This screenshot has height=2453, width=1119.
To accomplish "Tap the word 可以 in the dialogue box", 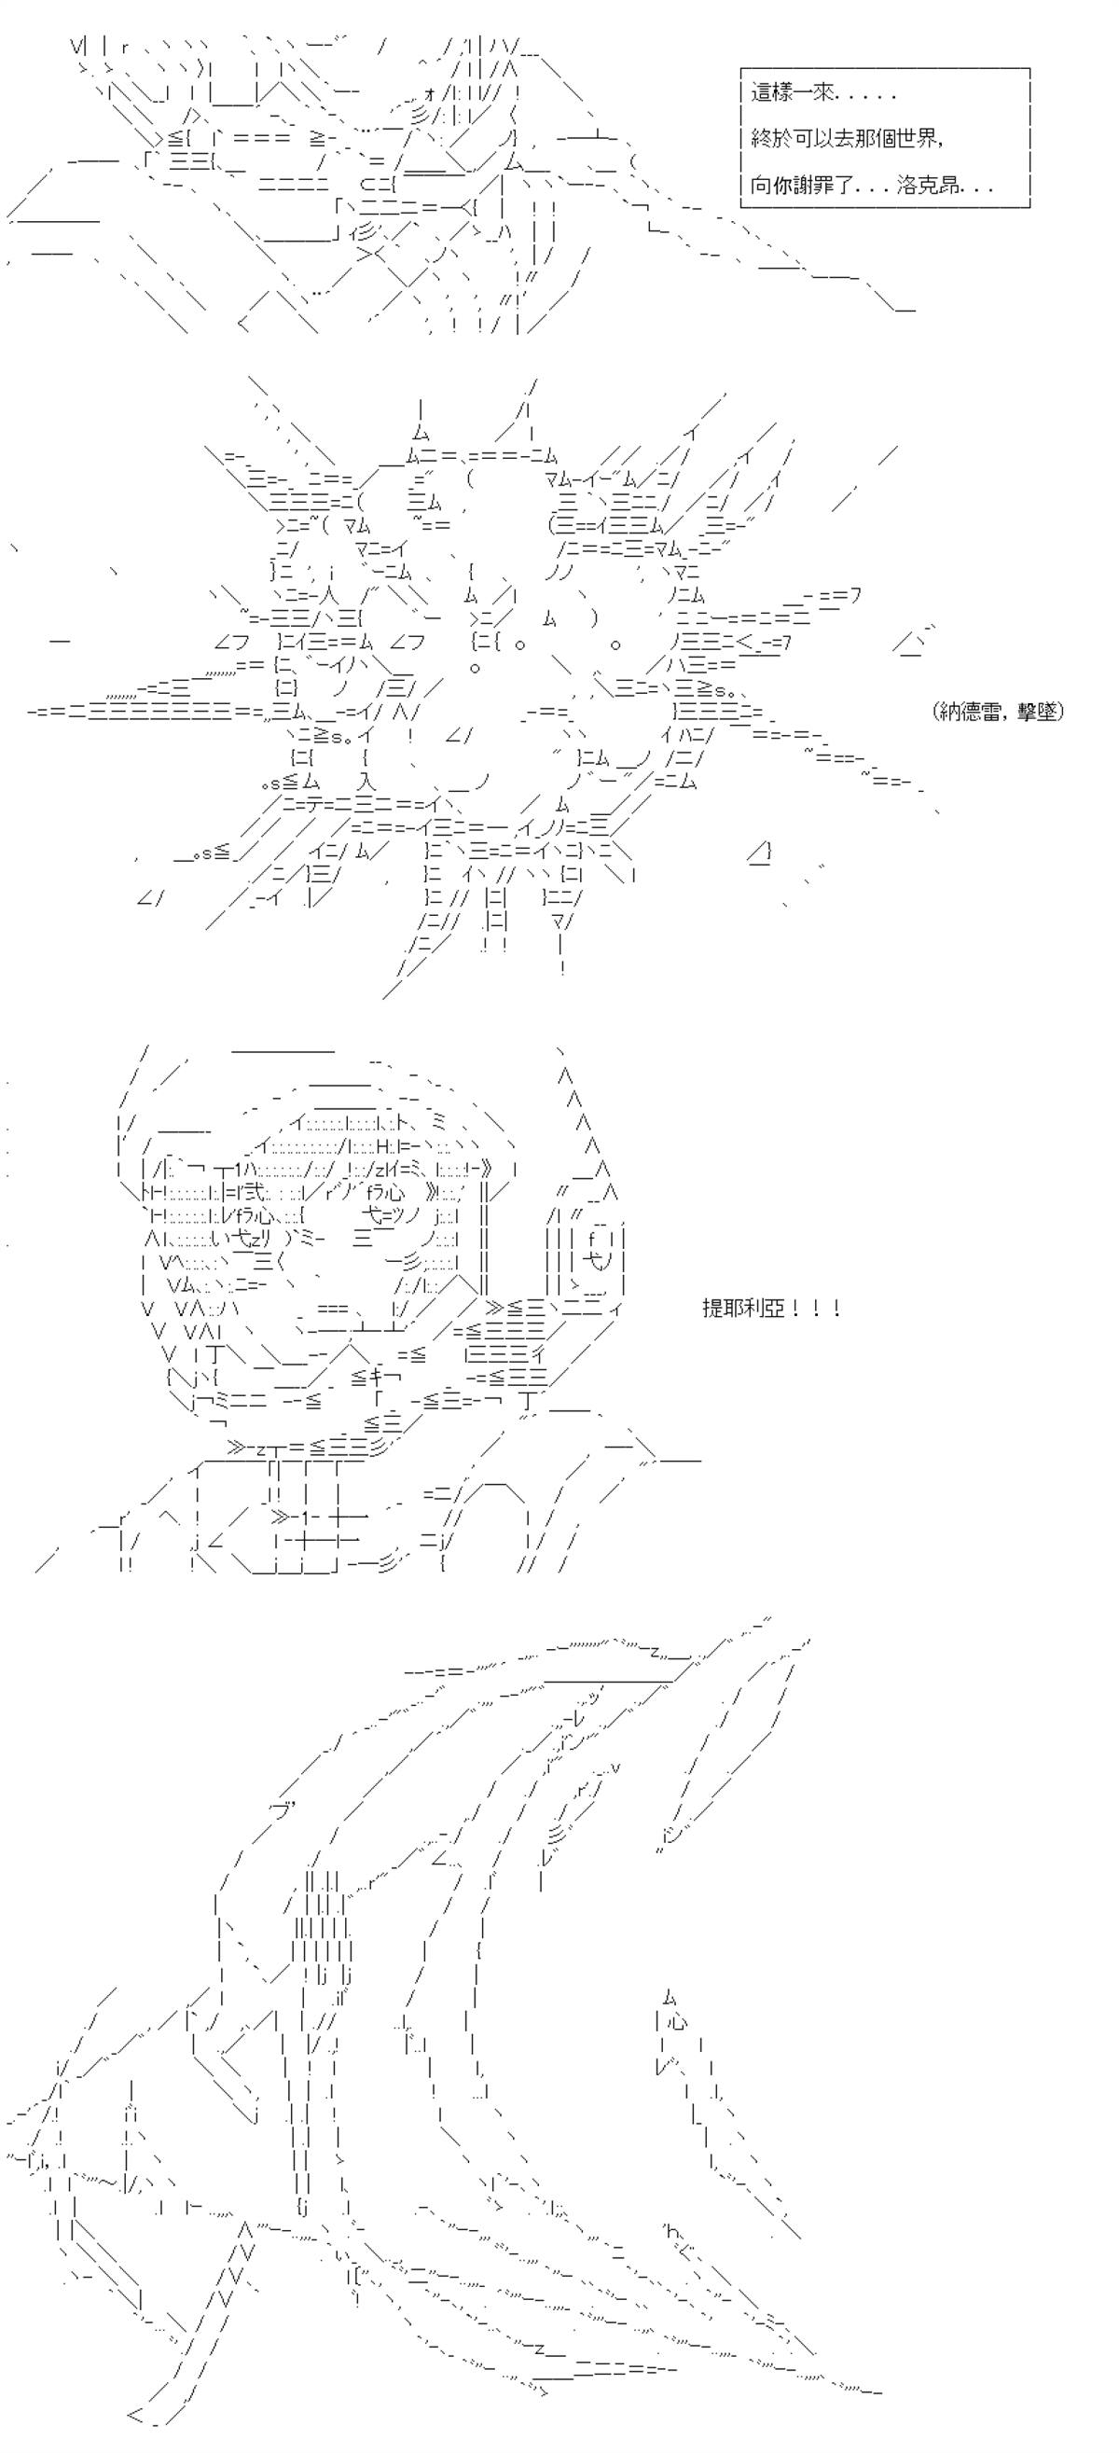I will point(811,138).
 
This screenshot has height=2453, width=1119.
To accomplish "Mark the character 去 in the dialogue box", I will point(841,138).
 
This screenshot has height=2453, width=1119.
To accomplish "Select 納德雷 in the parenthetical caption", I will point(969,712).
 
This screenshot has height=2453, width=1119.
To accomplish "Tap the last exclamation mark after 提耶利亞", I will point(836,1309).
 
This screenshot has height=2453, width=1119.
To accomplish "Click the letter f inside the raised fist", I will point(591,1238).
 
